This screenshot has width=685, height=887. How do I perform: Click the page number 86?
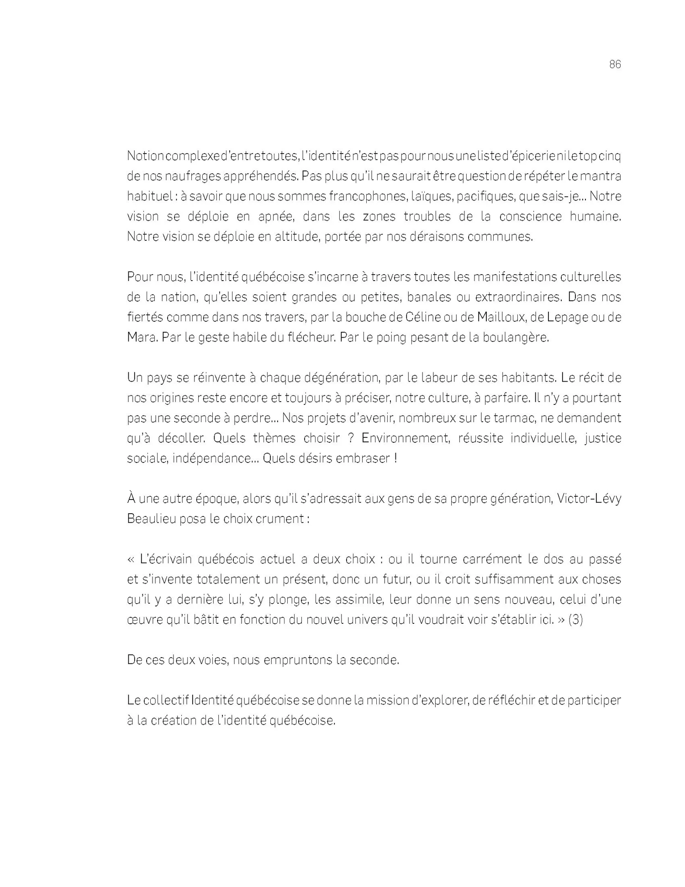pyautogui.click(x=615, y=64)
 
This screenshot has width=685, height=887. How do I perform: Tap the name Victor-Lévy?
pyautogui.click(x=589, y=499)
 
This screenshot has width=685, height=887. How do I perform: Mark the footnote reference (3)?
pyautogui.click(x=575, y=620)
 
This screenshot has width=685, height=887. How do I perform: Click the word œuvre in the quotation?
pyautogui.click(x=143, y=620)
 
